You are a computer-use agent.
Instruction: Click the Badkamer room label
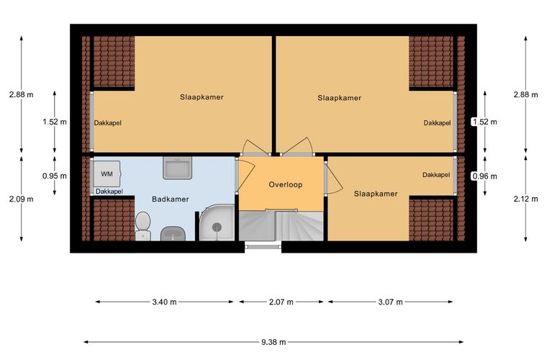click(x=171, y=199)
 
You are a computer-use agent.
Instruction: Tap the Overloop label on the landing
click(x=285, y=184)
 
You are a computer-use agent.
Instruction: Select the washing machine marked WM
click(x=107, y=174)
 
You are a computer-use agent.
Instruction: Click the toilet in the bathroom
click(x=143, y=226)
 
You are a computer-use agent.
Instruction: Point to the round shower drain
click(x=217, y=227)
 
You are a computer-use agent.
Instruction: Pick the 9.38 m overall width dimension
click(x=273, y=342)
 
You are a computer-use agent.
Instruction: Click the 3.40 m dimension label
click(x=164, y=302)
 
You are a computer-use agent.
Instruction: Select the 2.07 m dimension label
click(x=281, y=302)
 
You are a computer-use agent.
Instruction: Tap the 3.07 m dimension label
click(x=390, y=302)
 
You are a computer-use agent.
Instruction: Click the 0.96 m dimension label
click(x=484, y=176)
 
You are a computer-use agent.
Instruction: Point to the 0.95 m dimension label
click(x=55, y=176)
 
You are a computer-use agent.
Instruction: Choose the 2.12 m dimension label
click(x=525, y=199)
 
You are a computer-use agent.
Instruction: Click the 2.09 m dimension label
click(x=22, y=199)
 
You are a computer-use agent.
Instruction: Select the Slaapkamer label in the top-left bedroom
click(x=202, y=97)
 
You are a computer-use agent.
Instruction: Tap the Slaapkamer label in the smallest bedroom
click(x=376, y=194)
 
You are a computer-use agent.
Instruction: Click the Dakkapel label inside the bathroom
click(x=109, y=192)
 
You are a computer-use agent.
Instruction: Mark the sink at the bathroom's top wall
click(x=178, y=168)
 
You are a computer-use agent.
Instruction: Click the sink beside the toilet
click(x=173, y=233)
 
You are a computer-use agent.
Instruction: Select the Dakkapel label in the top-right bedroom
click(x=437, y=123)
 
